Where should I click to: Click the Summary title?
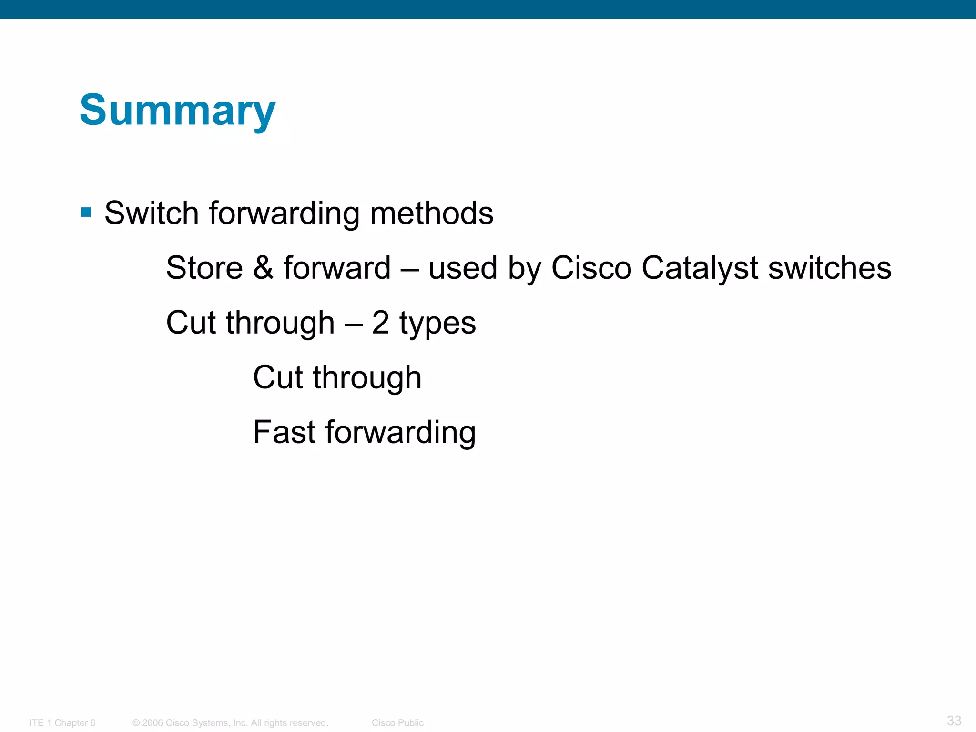point(177,110)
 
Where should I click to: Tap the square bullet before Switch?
point(86,212)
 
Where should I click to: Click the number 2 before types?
point(380,323)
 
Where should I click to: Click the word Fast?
point(284,432)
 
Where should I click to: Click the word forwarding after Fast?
point(400,433)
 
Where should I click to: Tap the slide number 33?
point(954,721)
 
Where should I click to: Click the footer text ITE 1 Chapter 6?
point(62,723)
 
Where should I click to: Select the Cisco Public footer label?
point(397,723)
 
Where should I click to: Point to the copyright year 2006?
point(152,723)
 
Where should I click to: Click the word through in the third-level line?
point(367,378)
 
